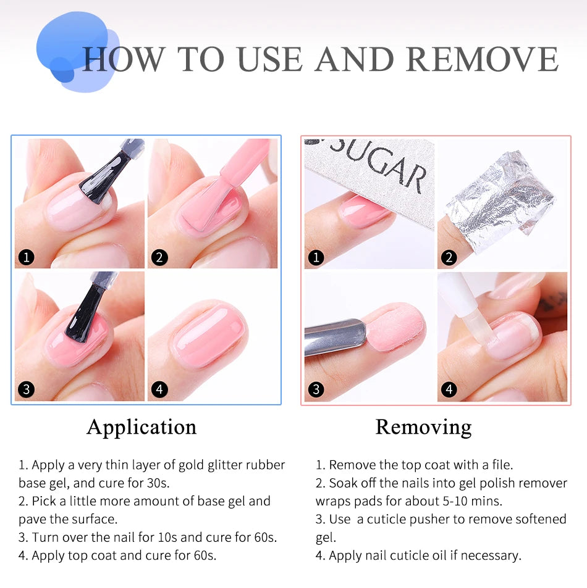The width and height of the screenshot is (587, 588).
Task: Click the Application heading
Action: [141, 427]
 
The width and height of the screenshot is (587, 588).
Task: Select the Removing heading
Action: [423, 427]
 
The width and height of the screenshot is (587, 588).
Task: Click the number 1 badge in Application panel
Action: [26, 257]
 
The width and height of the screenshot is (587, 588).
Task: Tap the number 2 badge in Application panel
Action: [159, 257]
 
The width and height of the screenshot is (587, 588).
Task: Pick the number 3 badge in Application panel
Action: [26, 389]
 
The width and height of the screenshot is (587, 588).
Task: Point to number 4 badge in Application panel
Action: [159, 389]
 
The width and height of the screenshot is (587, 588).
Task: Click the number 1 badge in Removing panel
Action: [316, 257]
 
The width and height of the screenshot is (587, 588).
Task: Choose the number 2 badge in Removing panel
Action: [449, 257]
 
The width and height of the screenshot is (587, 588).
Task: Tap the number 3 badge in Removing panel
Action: [316, 389]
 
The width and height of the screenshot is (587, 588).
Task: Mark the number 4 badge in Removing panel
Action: [449, 389]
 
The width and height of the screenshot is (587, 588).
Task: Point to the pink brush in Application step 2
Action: [238, 173]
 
